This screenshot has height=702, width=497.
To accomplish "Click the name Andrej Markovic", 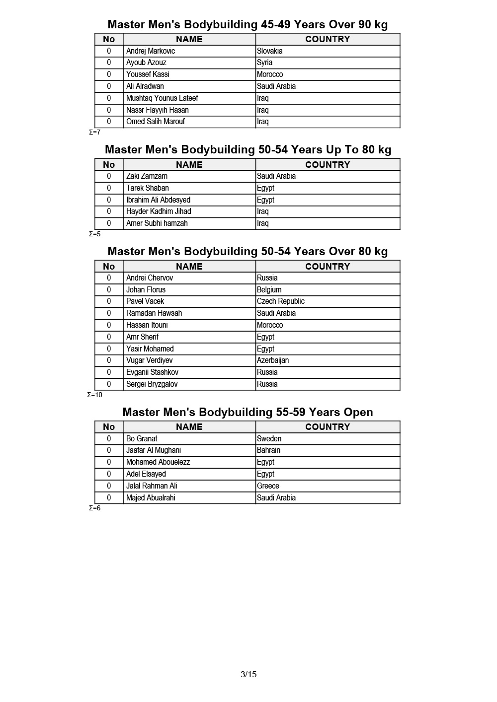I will point(151,51).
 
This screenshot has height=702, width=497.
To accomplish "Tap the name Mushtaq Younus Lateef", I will point(162,98).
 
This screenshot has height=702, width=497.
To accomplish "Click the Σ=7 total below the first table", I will point(95,133).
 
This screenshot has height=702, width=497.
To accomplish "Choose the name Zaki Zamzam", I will point(147,176).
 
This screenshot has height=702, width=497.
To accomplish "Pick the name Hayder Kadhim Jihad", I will point(159,211).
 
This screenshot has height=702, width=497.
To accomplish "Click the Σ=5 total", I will point(95,234).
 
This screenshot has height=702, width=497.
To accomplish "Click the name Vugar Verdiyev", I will point(150,360).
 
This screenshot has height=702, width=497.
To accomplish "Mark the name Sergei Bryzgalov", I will point(152,384).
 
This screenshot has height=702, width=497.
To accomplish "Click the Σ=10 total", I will point(95,395).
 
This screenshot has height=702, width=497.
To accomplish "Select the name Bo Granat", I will point(142,439).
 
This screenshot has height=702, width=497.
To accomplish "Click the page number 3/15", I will point(248,674).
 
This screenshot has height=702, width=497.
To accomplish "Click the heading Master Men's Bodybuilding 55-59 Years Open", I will point(248,412).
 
